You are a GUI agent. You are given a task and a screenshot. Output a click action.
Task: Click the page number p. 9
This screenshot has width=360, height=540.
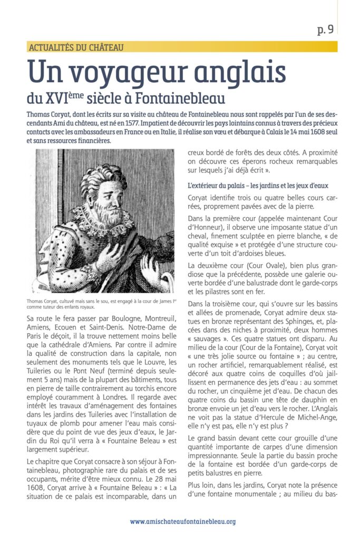325,30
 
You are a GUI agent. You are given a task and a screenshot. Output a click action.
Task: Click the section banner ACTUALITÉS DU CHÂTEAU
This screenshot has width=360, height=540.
76,47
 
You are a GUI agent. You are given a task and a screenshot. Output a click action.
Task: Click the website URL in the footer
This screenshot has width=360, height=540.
183,522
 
